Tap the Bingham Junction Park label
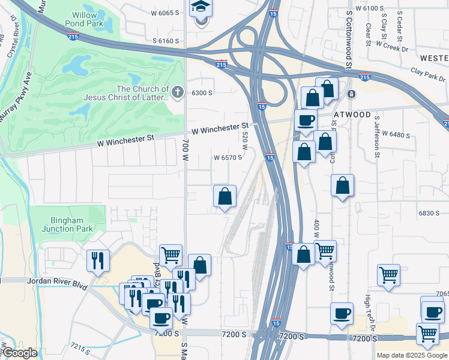67,224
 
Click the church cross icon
177,92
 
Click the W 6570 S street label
228,158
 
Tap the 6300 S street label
202,93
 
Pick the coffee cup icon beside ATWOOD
306,119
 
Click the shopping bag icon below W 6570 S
224,196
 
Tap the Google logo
19,353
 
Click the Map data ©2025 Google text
412,355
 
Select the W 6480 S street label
396,135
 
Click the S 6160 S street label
166,41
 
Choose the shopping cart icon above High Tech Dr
388,275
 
